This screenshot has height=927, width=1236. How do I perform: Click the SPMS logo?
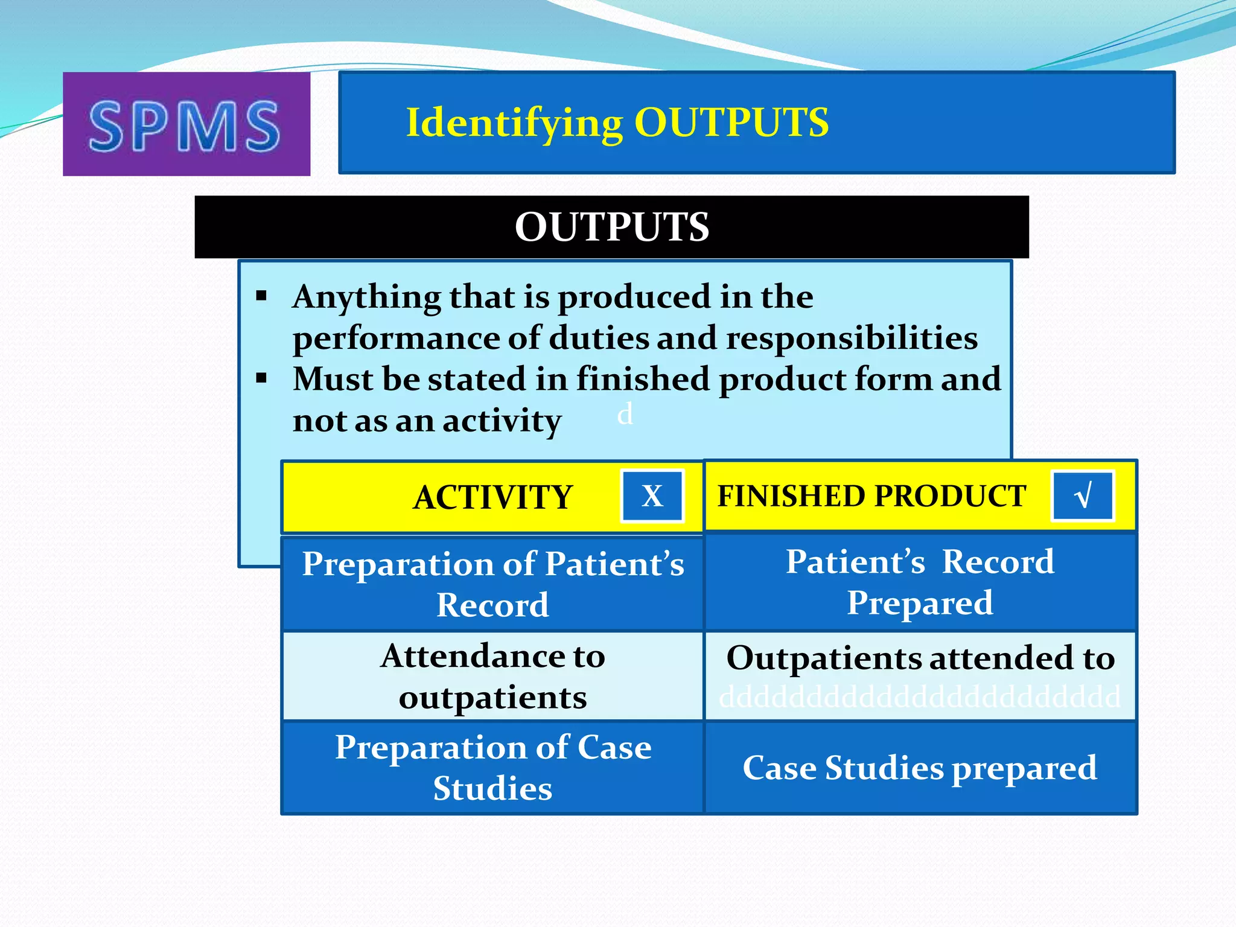coord(186,125)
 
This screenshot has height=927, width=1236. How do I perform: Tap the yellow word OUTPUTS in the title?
coord(731,123)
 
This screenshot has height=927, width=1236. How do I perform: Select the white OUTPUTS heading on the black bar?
coord(611,227)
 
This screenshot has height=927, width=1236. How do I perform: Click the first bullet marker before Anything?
coord(261,296)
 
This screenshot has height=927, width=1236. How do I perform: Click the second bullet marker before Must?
coord(261,378)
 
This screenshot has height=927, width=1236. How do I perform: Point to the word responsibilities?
coord(852,337)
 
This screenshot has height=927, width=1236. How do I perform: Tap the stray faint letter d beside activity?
coord(625,415)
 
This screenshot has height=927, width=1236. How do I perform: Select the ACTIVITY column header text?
coord(492,497)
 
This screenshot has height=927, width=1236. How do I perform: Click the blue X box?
coord(652,496)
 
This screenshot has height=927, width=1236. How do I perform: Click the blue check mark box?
coord(1083,496)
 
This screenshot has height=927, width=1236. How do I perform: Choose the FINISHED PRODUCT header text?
coord(871,496)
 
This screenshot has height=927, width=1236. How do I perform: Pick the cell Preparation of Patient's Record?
coord(492,584)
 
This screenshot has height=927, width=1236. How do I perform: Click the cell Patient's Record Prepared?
coord(920,582)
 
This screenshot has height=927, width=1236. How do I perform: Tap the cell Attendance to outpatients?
coord(492,676)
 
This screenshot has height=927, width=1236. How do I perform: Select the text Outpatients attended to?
coord(920,657)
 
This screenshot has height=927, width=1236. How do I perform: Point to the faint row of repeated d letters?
coord(920,698)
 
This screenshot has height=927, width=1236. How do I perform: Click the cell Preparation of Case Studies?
coord(492,767)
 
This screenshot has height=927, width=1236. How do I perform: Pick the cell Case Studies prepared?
coord(920,768)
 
